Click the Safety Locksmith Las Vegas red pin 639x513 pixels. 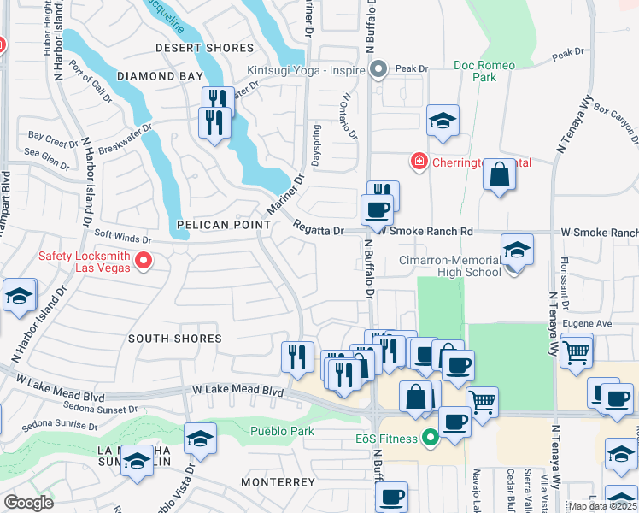143,261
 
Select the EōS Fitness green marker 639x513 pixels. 431,439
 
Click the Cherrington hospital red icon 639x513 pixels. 419,162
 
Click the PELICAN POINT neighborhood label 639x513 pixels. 223,225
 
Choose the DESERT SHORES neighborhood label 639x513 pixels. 204,48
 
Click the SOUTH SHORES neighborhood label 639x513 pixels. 174,339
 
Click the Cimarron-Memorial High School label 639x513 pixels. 449,266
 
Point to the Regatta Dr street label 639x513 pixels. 318,230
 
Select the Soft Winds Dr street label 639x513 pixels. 122,239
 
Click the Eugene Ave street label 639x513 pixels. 592,324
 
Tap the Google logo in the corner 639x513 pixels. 28,503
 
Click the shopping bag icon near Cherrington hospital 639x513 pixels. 499,176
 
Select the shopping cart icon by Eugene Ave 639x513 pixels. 577,350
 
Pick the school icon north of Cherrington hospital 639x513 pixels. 443,121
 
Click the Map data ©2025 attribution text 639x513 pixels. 602,506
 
